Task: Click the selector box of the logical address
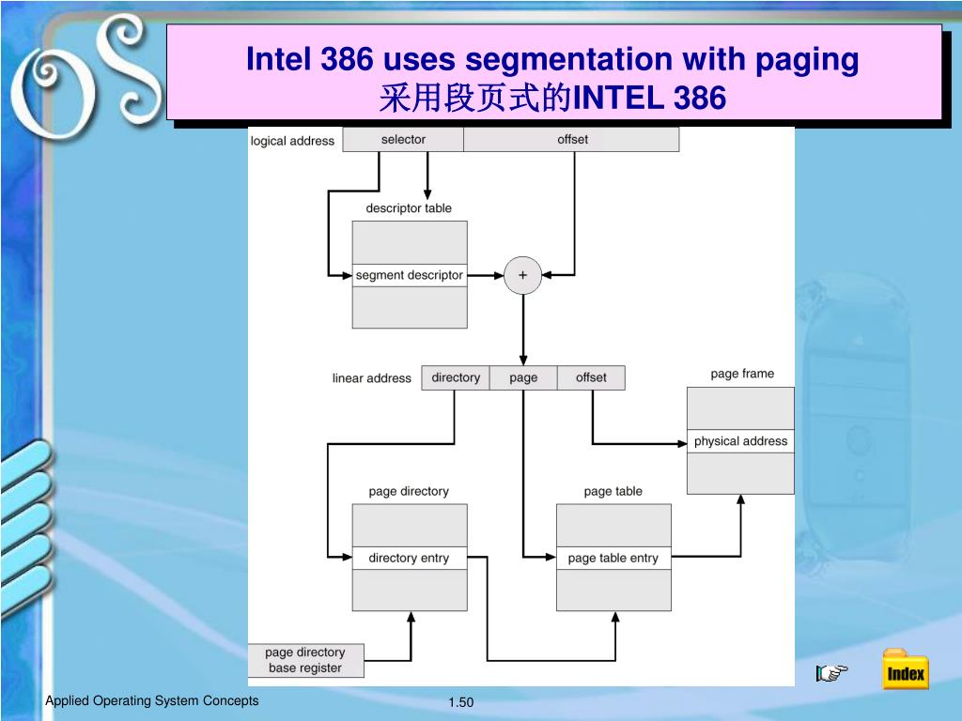click(x=403, y=140)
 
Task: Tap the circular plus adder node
click(x=522, y=275)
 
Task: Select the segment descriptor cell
click(x=410, y=275)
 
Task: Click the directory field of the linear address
click(x=456, y=377)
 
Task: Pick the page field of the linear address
click(x=523, y=377)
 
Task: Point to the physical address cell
click(x=740, y=441)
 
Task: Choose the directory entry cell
click(x=409, y=558)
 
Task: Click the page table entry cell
click(x=613, y=558)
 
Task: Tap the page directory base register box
click(x=305, y=660)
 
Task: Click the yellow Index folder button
click(x=906, y=670)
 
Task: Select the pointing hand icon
click(x=831, y=671)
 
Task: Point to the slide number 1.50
click(x=461, y=703)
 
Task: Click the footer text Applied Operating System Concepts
click(x=152, y=701)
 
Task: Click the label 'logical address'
click(x=292, y=141)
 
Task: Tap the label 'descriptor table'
click(x=409, y=208)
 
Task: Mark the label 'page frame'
click(x=742, y=374)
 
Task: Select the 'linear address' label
click(x=371, y=378)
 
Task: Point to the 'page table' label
click(x=613, y=491)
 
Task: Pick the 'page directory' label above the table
click(x=409, y=491)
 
